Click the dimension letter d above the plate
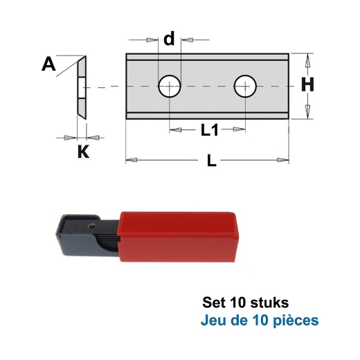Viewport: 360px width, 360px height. (x=169, y=39)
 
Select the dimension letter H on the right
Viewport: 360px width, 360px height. (x=308, y=85)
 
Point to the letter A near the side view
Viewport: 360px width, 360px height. (x=48, y=65)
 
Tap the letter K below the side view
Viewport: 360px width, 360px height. (x=83, y=152)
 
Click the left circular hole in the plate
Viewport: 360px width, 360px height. (x=169, y=87)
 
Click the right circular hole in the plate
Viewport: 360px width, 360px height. (x=244, y=87)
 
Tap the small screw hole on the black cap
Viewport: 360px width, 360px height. (x=90, y=226)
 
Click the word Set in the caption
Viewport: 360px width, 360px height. (x=214, y=303)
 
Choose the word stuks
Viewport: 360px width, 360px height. (x=265, y=303)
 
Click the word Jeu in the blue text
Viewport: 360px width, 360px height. (x=213, y=321)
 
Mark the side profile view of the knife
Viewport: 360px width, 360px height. (x=82, y=86)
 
